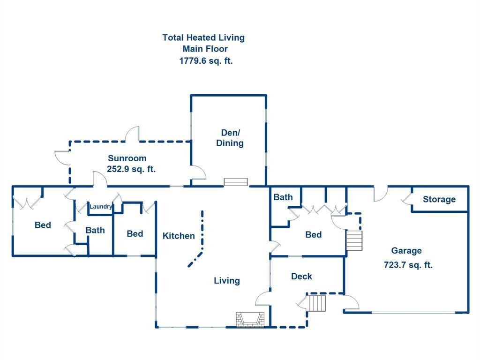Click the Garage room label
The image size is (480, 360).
pos(406,251)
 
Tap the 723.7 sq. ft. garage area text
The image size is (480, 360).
pos(408,265)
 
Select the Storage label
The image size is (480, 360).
pos(439,199)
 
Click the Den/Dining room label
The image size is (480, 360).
pos(230,138)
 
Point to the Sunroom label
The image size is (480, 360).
pos(127,158)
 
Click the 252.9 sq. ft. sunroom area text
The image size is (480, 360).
pos(131,169)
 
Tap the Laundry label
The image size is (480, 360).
pos(101,207)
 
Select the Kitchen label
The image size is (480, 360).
pos(179,236)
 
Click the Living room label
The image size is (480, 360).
pos(227,281)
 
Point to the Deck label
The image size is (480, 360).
pos(301,277)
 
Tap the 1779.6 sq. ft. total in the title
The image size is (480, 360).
pos(206,60)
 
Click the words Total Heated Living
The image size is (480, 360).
pos(203,37)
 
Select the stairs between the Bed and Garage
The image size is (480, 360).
pos(354,241)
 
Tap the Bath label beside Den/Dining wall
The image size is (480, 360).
pos(283,197)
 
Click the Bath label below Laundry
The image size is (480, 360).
pos(95,230)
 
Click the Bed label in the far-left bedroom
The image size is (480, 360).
pos(43,225)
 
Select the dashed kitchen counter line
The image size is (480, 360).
pos(202,239)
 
